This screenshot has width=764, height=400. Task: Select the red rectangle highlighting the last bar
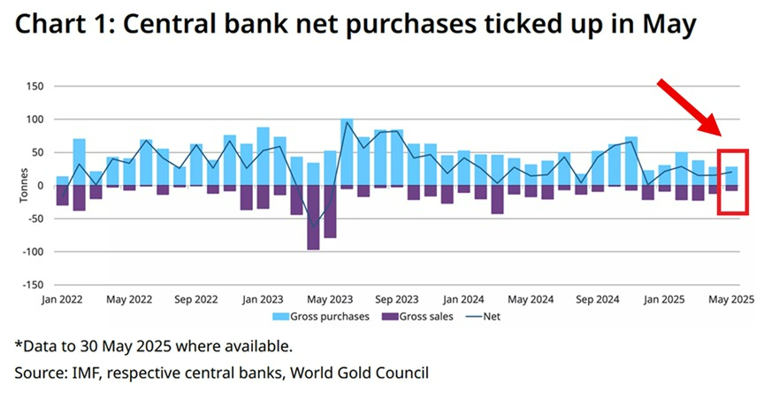coord(733,182)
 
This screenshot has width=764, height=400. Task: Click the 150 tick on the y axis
coord(34,87)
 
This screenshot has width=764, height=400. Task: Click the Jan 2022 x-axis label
coord(63,300)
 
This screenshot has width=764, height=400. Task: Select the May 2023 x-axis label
coord(330,300)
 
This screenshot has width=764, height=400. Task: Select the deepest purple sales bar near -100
coord(313,218)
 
